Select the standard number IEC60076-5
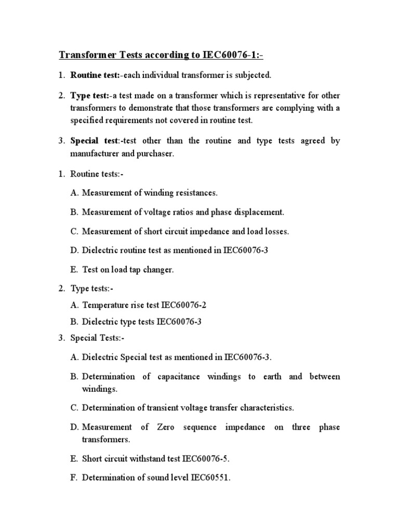[x=205, y=459]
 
